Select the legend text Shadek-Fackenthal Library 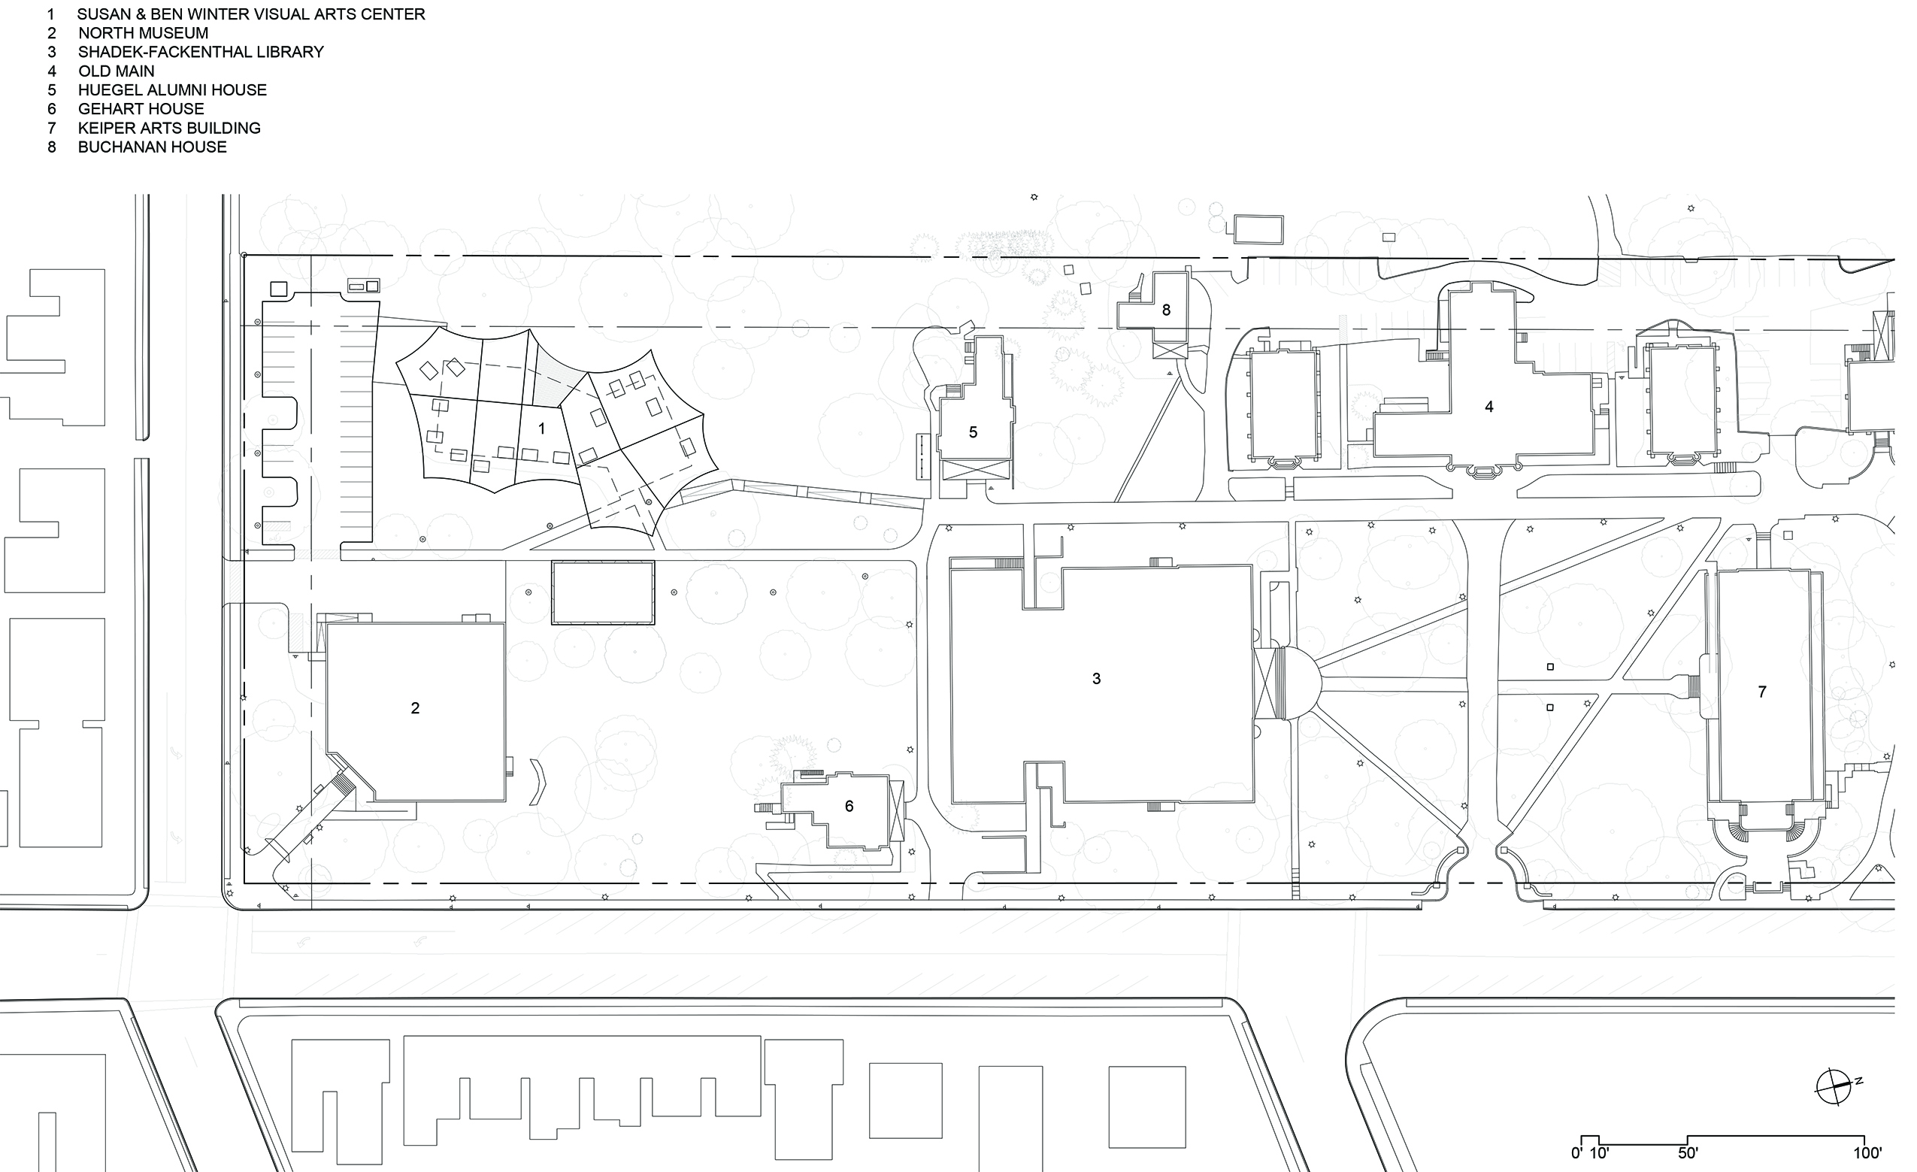pos(201,52)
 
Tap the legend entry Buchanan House pos(153,147)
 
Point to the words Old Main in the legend pos(116,71)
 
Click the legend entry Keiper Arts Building pos(169,129)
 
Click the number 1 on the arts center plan pos(541,429)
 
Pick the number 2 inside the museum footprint pos(415,708)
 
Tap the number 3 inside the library pos(1096,679)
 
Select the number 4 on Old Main pos(1488,406)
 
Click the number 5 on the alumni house pos(973,433)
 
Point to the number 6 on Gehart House pos(849,806)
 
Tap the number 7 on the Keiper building pos(1762,692)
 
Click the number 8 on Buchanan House pos(1165,310)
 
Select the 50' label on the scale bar pos(1688,1153)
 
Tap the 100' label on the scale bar pos(1867,1153)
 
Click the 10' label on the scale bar pos(1598,1153)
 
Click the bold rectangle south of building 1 pos(602,592)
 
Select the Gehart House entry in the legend pos(141,109)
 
